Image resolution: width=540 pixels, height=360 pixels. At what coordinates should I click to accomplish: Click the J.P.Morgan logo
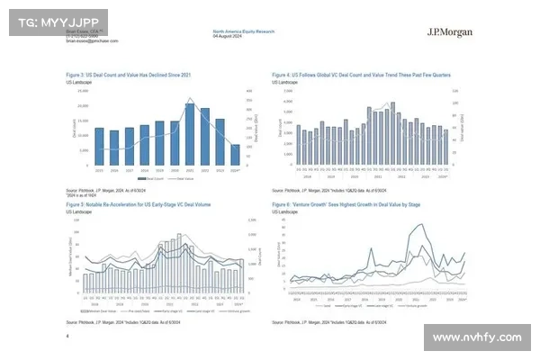click(451, 32)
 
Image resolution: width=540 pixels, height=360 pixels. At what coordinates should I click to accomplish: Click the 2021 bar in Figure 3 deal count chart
click(191, 134)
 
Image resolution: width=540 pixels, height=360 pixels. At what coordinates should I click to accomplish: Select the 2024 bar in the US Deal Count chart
click(236, 155)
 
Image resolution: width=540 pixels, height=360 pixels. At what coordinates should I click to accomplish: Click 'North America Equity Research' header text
click(243, 31)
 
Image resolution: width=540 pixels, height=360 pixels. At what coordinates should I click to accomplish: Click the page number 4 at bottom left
click(67, 336)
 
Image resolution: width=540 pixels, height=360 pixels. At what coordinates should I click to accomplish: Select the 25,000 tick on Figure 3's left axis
click(83, 91)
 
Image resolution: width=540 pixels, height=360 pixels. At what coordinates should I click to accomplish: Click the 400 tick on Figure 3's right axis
click(249, 91)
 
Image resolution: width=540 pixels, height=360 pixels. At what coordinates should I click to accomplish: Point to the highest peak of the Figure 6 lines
click(417, 224)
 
